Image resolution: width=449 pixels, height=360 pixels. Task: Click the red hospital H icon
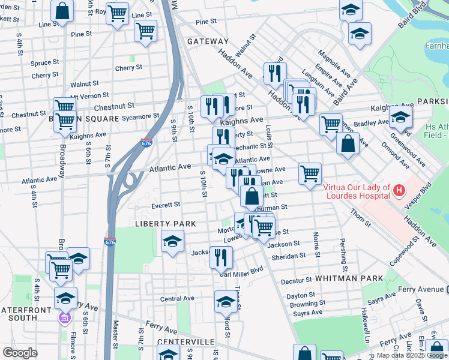(x=399, y=191)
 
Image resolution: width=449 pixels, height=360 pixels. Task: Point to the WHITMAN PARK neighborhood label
(x=349, y=278)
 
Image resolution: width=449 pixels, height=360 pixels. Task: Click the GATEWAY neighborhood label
(x=208, y=41)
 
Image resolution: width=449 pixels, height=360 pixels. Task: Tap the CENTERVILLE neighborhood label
(x=186, y=341)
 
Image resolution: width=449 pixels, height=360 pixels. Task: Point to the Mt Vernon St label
(x=90, y=96)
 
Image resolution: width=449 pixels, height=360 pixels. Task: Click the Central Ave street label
(x=177, y=298)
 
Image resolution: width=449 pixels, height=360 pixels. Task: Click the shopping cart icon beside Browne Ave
(x=310, y=174)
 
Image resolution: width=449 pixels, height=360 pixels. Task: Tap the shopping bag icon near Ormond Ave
(x=348, y=143)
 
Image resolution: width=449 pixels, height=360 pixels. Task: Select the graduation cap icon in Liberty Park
(x=172, y=242)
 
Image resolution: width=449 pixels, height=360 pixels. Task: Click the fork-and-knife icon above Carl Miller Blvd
(x=221, y=257)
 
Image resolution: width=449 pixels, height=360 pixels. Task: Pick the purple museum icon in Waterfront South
(x=64, y=317)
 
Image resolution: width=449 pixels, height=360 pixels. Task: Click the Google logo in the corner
(x=20, y=353)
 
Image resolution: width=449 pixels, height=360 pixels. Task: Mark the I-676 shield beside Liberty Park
(x=109, y=242)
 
